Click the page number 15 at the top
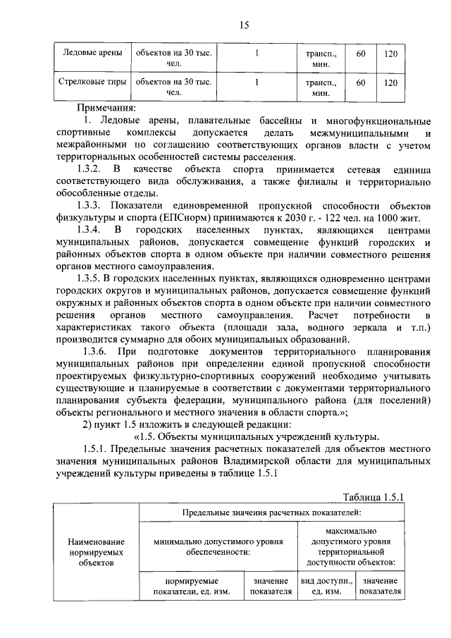243,26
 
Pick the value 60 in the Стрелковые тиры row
361,82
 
